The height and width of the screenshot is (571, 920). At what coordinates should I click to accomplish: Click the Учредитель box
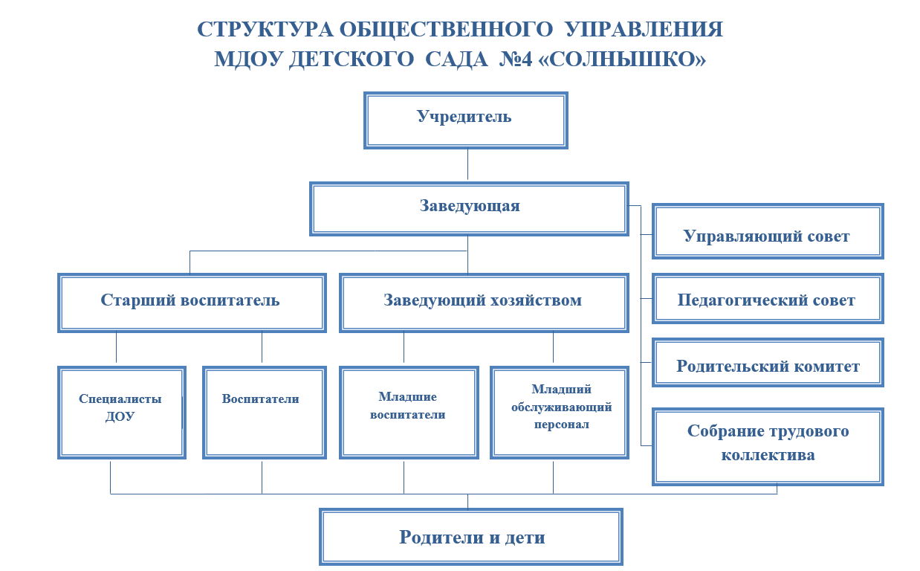466,120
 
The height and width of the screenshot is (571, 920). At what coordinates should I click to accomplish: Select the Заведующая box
469,209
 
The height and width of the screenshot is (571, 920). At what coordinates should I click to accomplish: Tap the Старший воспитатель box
192,303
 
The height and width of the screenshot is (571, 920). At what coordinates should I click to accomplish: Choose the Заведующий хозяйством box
484,303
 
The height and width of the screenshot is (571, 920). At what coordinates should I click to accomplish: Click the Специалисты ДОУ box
122,413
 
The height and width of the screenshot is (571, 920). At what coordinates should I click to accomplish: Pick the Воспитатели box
265,413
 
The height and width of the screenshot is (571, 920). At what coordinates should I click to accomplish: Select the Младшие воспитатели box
409,413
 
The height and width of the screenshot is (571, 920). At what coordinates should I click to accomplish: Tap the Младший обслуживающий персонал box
560,413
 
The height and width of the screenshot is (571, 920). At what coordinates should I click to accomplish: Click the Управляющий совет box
768,231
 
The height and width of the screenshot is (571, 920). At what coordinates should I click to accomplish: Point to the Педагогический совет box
768,299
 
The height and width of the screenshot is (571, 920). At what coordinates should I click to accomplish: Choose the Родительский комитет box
768,362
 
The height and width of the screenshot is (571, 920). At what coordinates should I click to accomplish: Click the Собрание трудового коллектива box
768,447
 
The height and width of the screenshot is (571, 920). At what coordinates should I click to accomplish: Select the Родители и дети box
471,537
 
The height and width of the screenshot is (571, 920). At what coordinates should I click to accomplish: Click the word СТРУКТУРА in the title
265,30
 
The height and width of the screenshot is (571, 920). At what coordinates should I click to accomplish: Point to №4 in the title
516,59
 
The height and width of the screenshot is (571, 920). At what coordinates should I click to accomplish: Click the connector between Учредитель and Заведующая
467,164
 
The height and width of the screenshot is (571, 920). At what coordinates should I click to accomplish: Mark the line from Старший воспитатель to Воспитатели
262,347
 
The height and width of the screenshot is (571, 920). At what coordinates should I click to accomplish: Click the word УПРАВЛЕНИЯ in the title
644,30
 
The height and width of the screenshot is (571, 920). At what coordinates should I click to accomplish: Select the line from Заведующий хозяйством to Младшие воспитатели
404,347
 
